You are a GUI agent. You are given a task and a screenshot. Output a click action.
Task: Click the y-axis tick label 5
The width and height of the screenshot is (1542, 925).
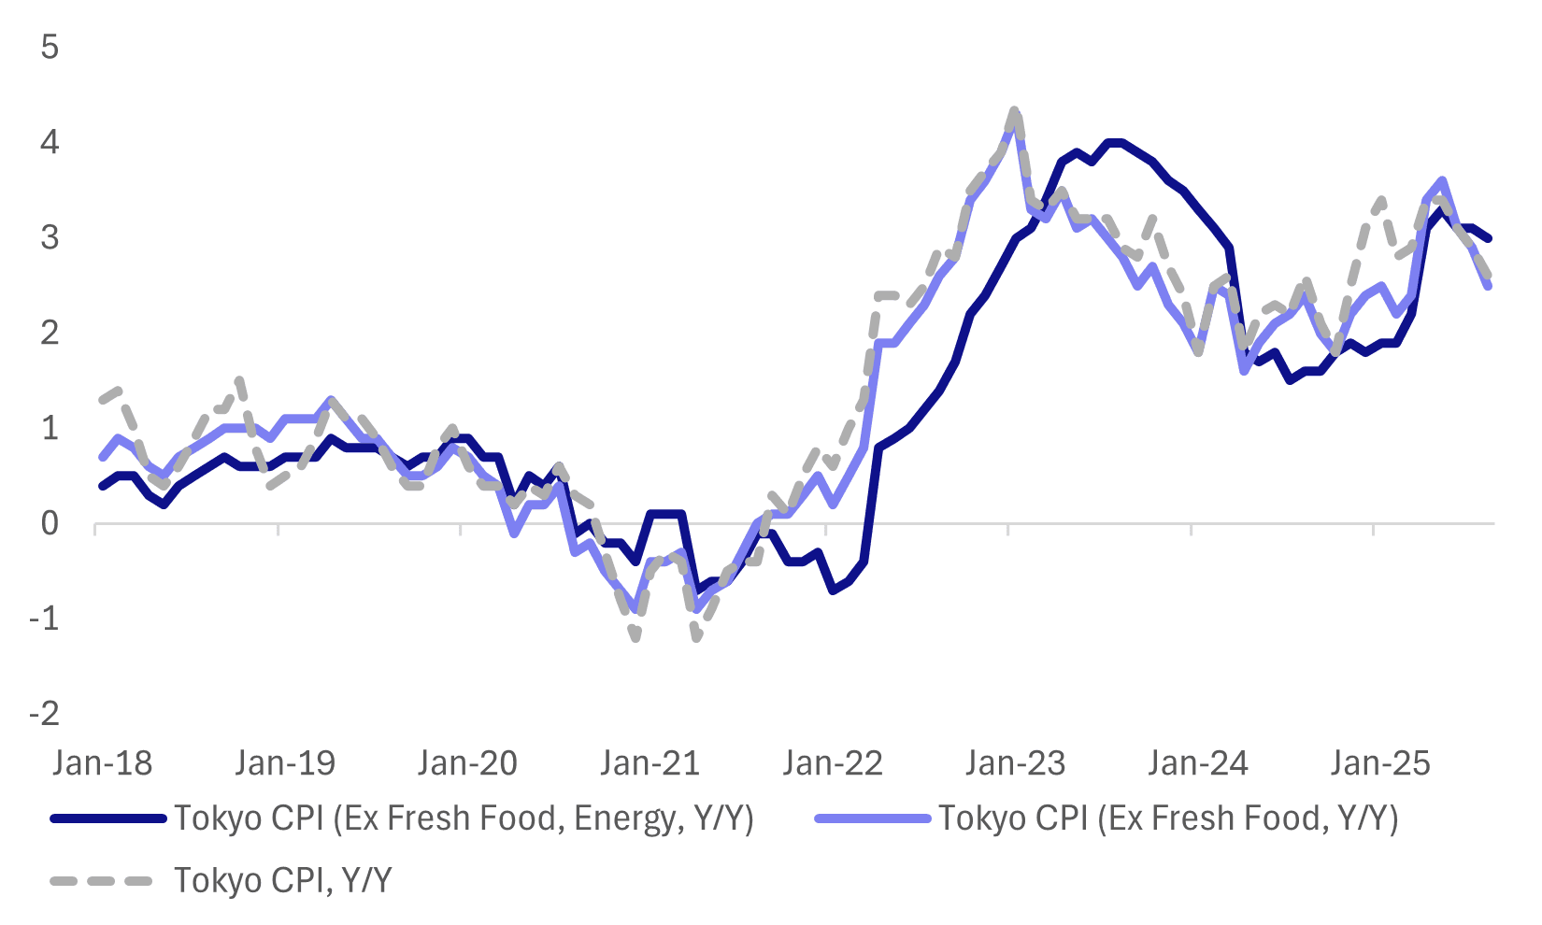pos(50,47)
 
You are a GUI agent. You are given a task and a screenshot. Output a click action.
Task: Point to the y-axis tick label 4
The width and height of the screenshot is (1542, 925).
pos(50,142)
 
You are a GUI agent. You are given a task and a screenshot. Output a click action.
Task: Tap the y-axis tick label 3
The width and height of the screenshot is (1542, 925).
pos(50,237)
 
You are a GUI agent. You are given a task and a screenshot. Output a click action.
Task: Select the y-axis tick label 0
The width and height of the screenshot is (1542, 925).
pos(50,523)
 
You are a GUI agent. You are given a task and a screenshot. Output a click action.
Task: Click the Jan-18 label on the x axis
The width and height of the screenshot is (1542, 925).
pos(103,763)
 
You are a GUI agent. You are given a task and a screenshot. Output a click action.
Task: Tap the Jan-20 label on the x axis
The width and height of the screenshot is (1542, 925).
pos(467,763)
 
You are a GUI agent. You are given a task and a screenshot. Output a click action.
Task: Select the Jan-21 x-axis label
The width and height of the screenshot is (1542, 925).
pos(650,763)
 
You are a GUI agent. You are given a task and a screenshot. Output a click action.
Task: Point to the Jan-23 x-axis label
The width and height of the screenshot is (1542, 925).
pos(1015,763)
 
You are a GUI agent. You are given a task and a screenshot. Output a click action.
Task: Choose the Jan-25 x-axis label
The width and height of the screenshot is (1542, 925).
pos(1380,763)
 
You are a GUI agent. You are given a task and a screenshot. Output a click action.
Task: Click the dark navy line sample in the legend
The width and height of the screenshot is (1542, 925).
pos(107,818)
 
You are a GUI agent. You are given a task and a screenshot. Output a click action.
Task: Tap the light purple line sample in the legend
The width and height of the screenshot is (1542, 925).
pos(872,818)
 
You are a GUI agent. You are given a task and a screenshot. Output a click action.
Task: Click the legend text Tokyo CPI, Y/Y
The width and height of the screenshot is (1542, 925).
pos(283,881)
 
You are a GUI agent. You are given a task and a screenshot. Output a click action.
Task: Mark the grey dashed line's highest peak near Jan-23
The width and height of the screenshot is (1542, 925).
pos(1015,111)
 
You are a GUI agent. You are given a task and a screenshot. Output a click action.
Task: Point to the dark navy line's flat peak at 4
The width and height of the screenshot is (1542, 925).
pos(1114,142)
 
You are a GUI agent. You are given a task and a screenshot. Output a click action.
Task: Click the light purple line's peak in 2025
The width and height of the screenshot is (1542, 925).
pos(1443,180)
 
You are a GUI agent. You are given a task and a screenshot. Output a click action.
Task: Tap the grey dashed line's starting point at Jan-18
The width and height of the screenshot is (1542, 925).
pos(102,400)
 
